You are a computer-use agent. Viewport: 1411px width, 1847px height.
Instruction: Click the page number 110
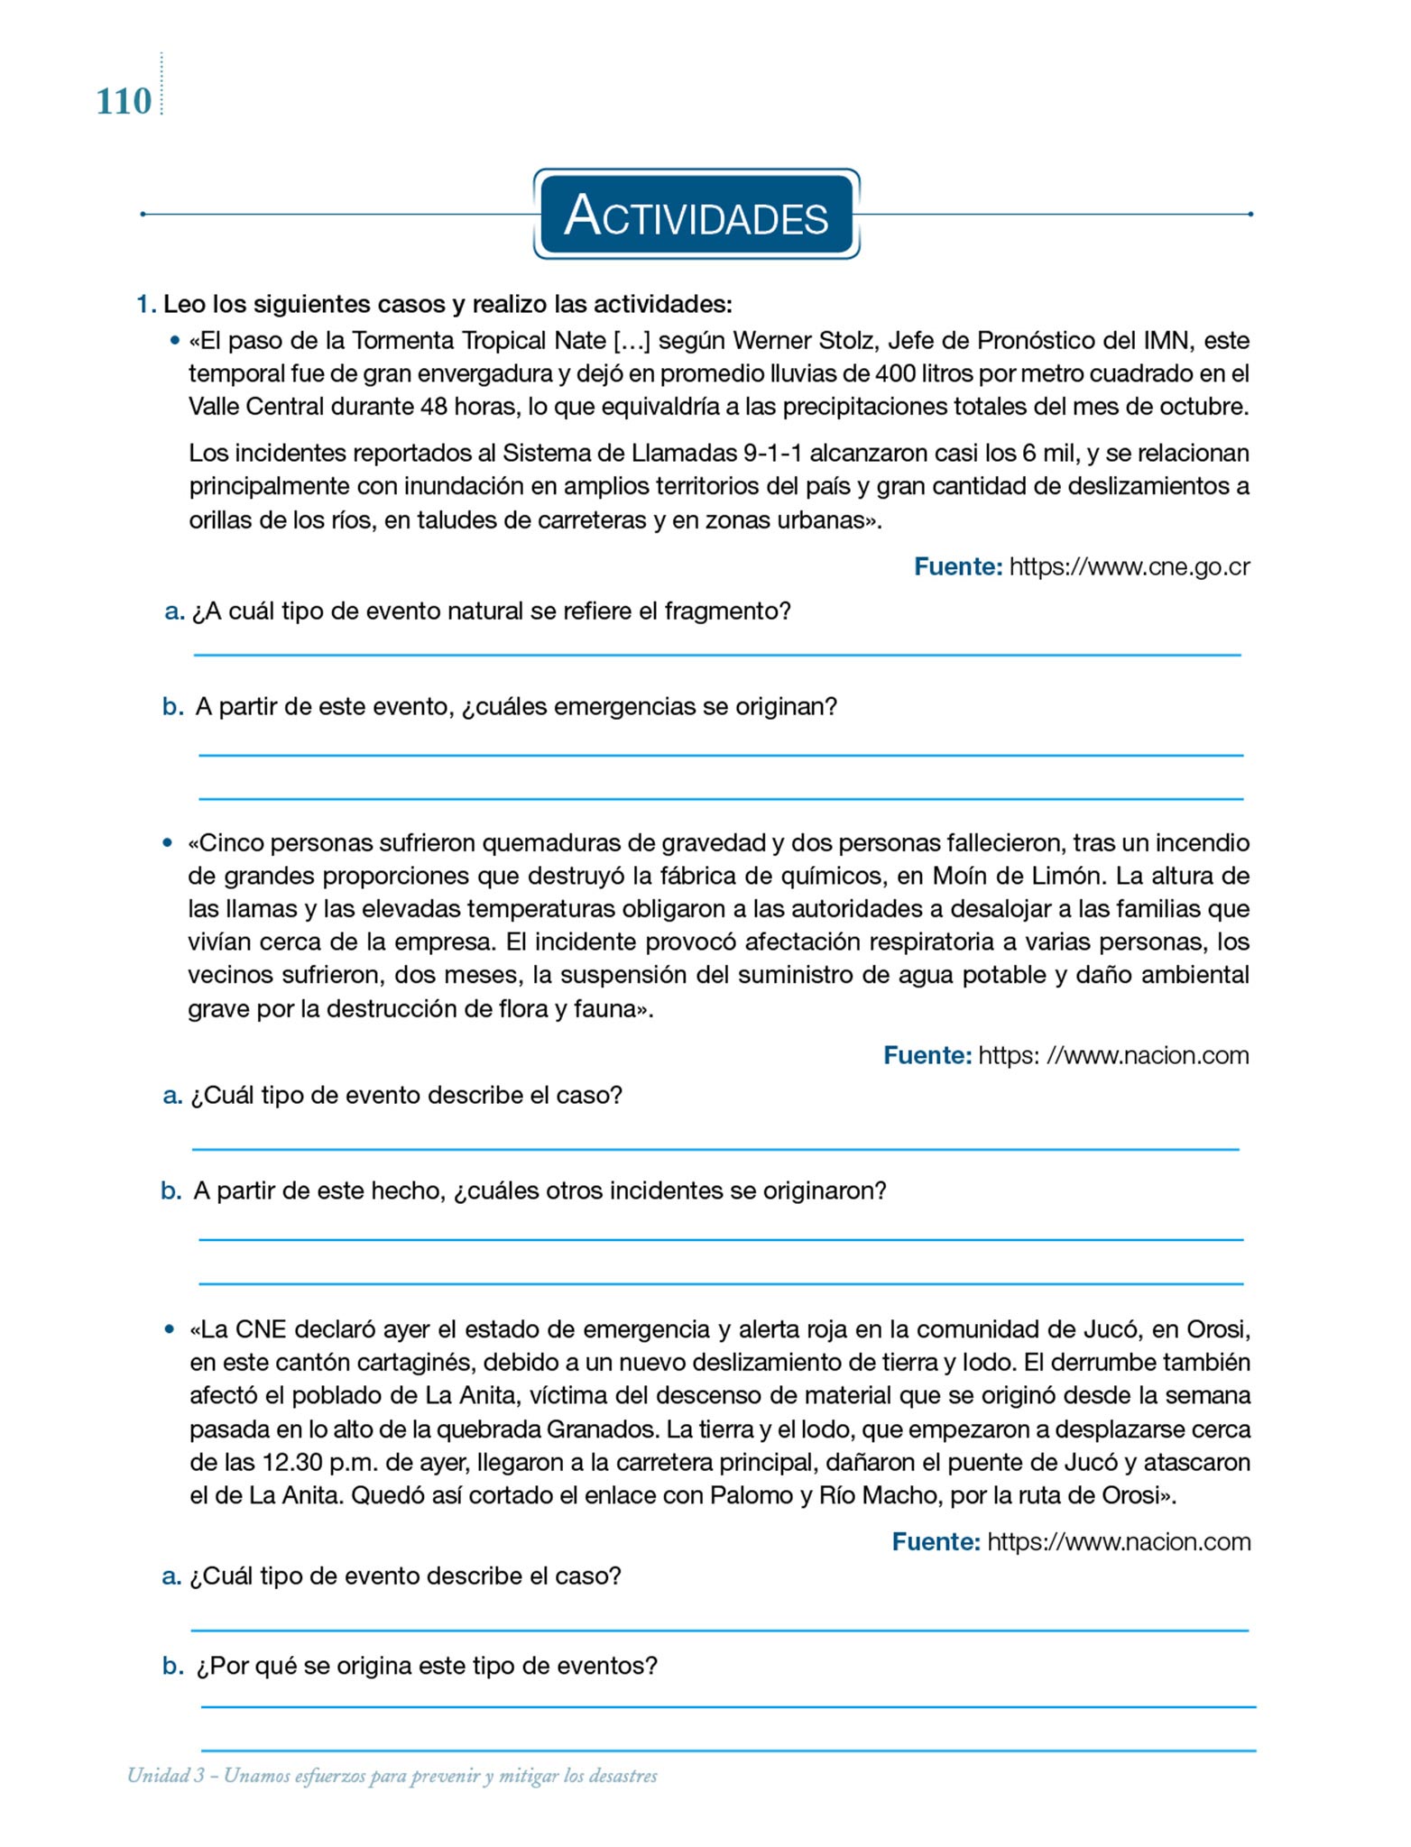124,102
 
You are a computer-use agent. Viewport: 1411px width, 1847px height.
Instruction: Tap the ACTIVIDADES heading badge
696,216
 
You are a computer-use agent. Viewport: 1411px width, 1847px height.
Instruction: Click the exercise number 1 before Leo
144,304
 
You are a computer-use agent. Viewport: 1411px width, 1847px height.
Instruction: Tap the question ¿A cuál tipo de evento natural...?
491,611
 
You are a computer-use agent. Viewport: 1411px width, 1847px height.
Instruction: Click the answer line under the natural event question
717,655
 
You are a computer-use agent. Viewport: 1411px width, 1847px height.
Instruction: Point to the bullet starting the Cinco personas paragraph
168,843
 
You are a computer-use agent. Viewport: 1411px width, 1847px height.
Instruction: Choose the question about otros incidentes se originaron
539,1191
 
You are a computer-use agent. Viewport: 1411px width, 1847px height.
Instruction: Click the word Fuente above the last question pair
936,1542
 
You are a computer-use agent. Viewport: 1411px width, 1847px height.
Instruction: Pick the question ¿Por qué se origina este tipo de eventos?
427,1666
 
